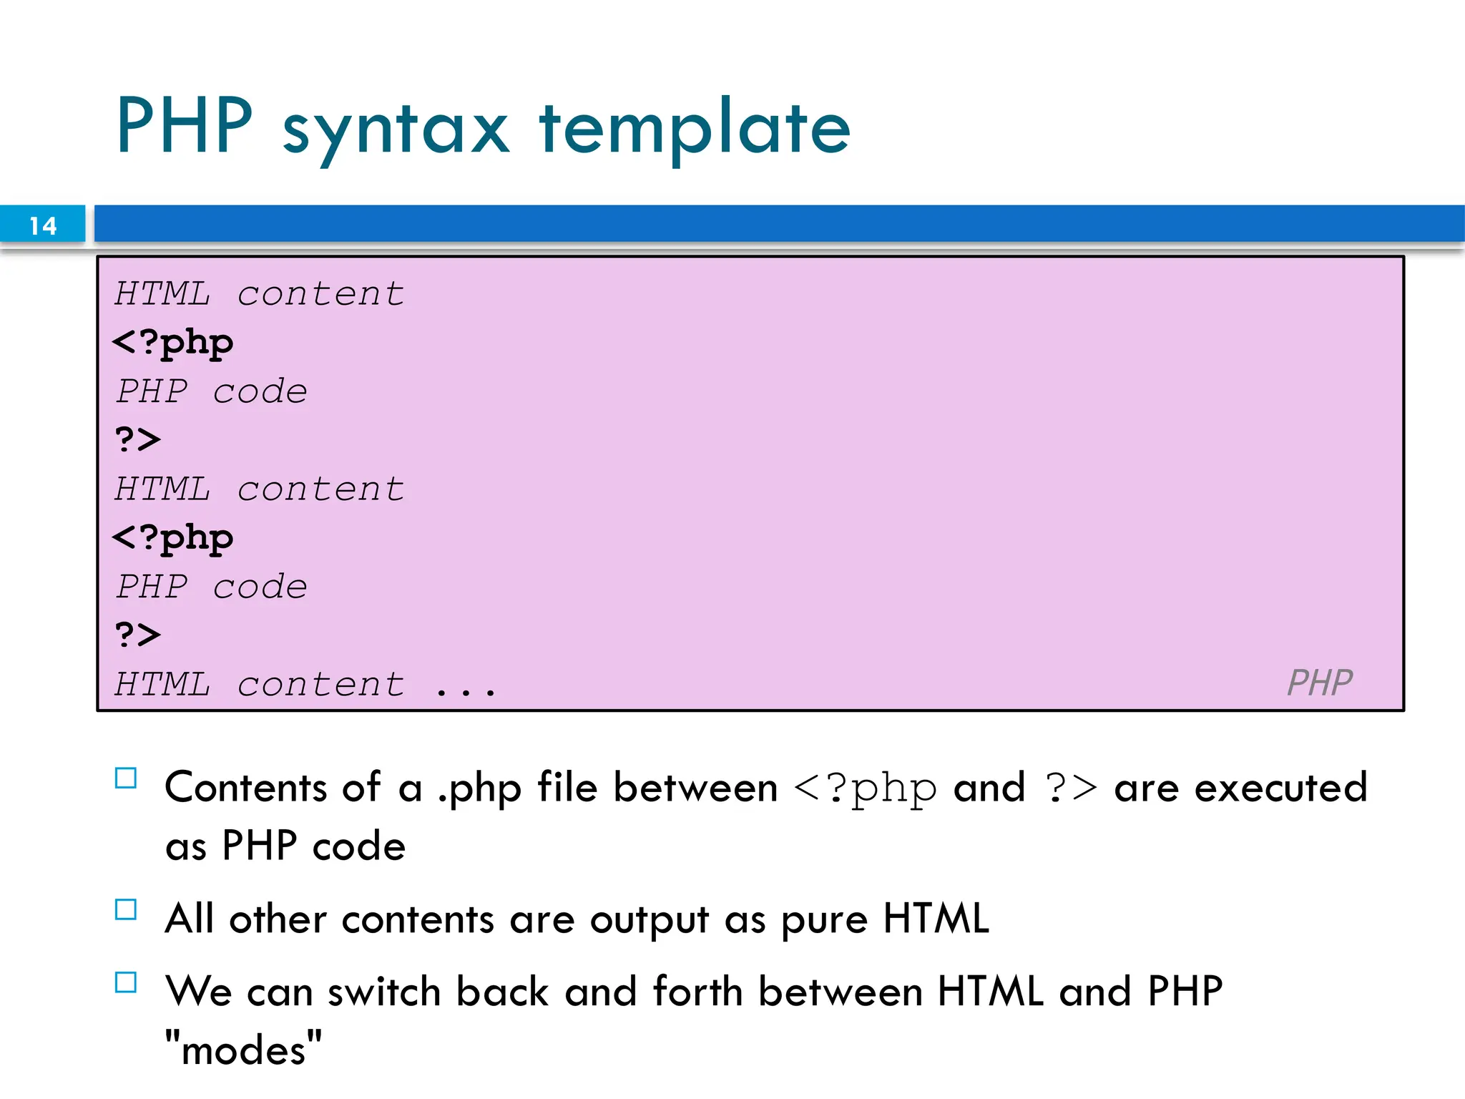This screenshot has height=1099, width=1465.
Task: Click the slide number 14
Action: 43,226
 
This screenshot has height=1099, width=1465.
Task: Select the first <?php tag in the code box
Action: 173,343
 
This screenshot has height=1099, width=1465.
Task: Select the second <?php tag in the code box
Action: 173,538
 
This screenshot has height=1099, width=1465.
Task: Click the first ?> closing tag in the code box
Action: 137,439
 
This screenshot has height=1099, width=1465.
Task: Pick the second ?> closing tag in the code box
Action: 137,634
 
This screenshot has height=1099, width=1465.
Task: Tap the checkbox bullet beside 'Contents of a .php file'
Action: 126,778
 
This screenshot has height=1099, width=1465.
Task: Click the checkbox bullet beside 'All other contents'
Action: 126,909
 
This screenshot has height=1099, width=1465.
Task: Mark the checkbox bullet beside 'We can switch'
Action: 126,982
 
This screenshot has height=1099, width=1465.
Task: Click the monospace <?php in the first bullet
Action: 866,788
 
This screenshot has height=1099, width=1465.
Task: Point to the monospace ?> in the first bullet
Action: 1071,788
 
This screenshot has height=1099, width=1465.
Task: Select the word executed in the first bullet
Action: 1280,788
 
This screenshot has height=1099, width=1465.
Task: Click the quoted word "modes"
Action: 243,1050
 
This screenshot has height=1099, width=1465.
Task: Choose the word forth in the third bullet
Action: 697,992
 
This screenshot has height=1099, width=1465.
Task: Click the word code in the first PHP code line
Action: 260,391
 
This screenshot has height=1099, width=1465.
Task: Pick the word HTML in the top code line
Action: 162,294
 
